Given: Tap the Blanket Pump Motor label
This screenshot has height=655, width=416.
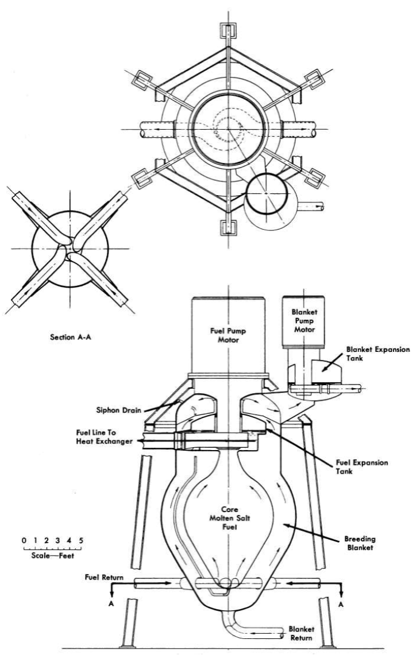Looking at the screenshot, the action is (304, 320).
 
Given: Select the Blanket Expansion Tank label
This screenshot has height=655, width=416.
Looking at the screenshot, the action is (378, 354).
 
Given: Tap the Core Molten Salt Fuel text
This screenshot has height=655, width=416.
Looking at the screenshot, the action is (229, 518).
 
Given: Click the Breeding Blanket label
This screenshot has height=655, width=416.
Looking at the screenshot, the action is (360, 543).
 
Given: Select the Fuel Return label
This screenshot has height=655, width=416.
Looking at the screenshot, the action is (104, 578).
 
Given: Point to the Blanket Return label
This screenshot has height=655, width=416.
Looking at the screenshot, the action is (302, 633).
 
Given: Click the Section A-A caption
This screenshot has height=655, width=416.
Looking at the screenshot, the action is (70, 337).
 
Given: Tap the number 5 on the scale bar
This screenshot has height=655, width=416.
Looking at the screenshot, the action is (81, 540).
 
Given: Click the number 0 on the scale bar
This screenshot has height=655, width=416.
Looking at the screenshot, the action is (24, 540).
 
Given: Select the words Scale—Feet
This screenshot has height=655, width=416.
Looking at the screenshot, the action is (53, 556).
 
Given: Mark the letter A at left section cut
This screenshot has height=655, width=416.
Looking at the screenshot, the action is (111, 604).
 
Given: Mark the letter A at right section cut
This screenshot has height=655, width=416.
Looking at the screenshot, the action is (341, 604).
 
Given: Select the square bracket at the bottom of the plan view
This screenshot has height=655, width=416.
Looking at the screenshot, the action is (229, 226).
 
